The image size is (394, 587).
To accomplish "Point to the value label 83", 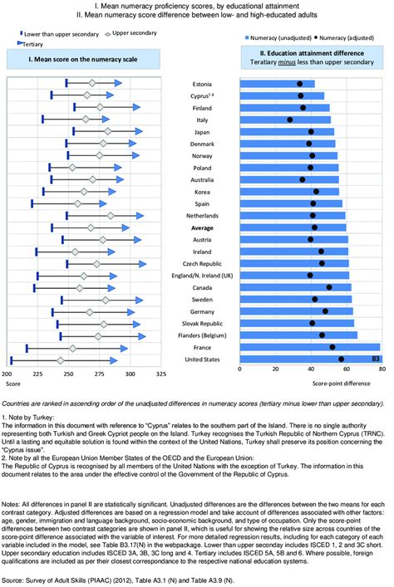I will point(376,360).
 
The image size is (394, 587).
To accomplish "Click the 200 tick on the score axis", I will point(12,374).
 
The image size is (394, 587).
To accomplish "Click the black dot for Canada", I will point(329,287).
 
